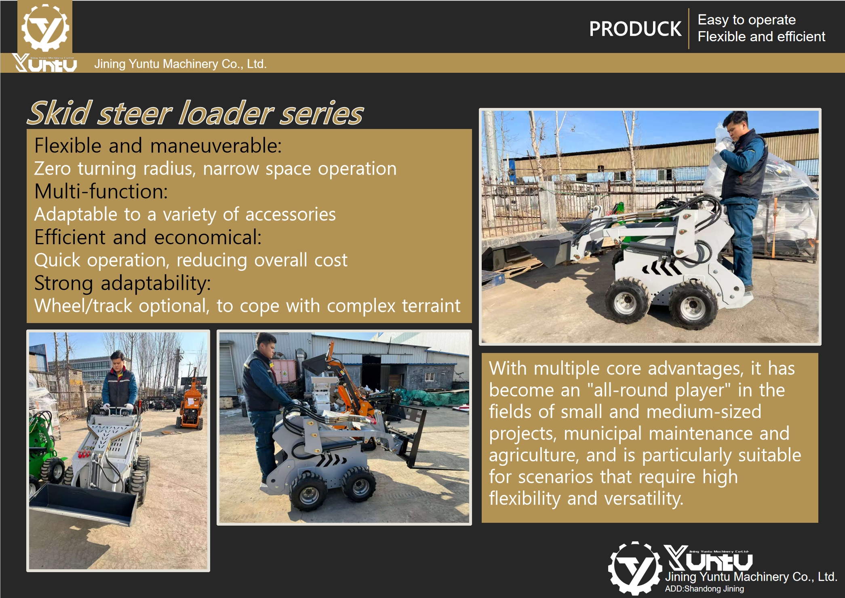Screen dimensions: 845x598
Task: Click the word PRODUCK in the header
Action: (x=635, y=29)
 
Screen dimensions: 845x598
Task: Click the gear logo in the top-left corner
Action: (x=45, y=27)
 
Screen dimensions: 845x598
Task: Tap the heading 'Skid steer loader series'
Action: (x=195, y=113)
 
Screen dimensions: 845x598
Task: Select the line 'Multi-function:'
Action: (x=101, y=191)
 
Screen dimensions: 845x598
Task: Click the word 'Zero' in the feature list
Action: (x=53, y=169)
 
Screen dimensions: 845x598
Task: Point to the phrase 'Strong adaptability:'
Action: (x=122, y=283)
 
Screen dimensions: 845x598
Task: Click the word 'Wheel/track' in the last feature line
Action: (x=83, y=306)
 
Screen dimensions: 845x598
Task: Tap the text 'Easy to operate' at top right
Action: (x=747, y=20)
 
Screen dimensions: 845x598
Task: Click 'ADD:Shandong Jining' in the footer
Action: (x=704, y=589)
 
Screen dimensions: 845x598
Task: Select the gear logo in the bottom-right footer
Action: (x=635, y=568)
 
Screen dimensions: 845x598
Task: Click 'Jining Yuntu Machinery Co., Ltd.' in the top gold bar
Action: (x=180, y=64)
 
